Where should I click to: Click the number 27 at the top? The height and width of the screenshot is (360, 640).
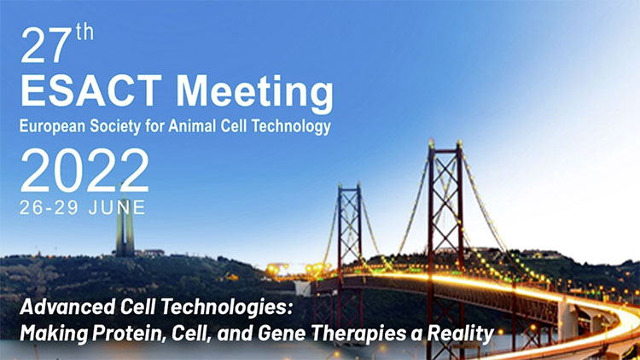pyautogui.click(x=46, y=46)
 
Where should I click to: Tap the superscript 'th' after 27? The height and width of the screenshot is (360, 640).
pyautogui.click(x=84, y=32)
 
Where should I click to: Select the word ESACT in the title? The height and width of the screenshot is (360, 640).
pyautogui.click(x=91, y=90)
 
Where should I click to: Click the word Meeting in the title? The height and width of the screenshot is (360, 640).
pyautogui.click(x=254, y=94)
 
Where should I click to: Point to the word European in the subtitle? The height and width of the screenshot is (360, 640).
pyautogui.click(x=53, y=126)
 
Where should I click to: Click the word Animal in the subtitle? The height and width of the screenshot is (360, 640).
pyautogui.click(x=192, y=125)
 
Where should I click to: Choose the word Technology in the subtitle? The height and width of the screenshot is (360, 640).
pyautogui.click(x=291, y=127)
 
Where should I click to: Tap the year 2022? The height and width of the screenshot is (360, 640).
pyautogui.click(x=84, y=171)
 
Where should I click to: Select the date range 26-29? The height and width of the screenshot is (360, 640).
pyautogui.click(x=49, y=208)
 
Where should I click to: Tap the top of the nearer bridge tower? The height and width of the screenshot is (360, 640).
pyautogui.click(x=445, y=142)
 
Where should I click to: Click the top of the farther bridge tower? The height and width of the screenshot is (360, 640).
pyautogui.click(x=348, y=186)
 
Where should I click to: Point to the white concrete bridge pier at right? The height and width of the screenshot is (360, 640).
pyautogui.click(x=567, y=321)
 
